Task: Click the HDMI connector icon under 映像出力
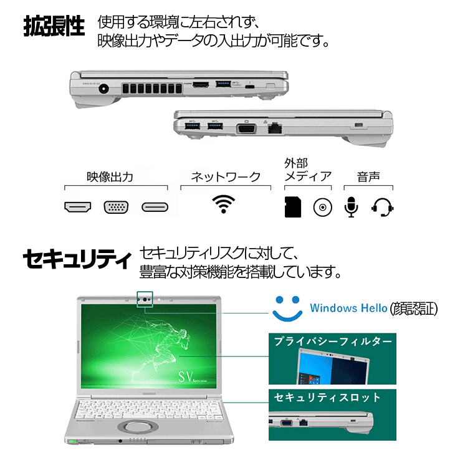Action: [78, 207]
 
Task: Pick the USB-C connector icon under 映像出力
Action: [155, 207]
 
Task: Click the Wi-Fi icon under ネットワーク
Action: [224, 205]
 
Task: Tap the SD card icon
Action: [292, 207]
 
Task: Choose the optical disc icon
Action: [323, 207]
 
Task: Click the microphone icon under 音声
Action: [352, 207]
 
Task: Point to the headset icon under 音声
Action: [382, 207]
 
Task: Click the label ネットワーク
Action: [225, 176]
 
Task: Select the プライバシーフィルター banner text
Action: [333, 342]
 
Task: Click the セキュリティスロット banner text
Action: [327, 397]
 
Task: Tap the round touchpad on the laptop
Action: [139, 428]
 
